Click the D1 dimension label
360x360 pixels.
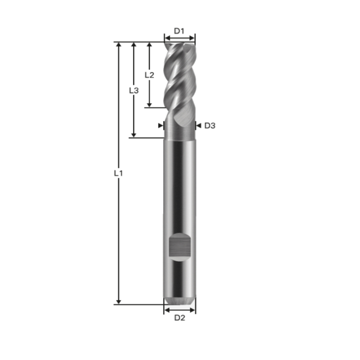(179, 31)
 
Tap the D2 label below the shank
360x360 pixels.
(179, 318)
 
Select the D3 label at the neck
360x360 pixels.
(210, 125)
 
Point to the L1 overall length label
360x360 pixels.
(118, 173)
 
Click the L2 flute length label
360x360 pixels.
(149, 74)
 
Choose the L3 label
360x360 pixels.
(133, 90)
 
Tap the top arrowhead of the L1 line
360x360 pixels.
(119, 45)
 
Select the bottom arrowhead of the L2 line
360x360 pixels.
(149, 104)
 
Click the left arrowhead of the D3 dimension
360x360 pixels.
(160, 125)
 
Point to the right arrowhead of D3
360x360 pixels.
(198, 125)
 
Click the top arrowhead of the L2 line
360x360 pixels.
(149, 45)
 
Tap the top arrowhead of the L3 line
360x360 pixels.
(134, 45)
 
